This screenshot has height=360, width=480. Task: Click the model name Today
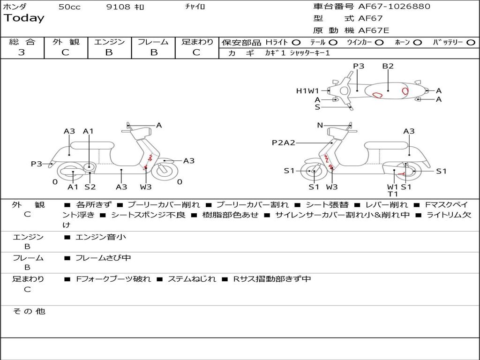pyautogui.click(x=24, y=18)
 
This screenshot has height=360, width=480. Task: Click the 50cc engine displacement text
pyautogui.click(x=69, y=7)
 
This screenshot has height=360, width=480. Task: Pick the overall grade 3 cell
pyautogui.click(x=22, y=52)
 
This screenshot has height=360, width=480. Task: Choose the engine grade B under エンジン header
pyautogui.click(x=109, y=52)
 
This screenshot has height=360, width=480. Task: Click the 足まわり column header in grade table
pyautogui.click(x=197, y=42)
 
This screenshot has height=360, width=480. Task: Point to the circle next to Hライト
pyautogui.click(x=296, y=43)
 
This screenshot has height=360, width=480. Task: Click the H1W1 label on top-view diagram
pyautogui.click(x=307, y=91)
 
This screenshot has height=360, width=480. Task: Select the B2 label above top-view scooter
pyautogui.click(x=388, y=66)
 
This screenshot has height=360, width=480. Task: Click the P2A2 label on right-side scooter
pyautogui.click(x=283, y=142)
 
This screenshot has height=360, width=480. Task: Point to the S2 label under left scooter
pyautogui.click(x=90, y=187)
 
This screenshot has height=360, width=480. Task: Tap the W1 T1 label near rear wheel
pyautogui.click(x=392, y=190)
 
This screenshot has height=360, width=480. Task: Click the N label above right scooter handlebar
pyautogui.click(x=320, y=125)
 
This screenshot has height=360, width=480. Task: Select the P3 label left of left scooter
pyautogui.click(x=37, y=164)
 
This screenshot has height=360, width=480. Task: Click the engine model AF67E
pyautogui.click(x=374, y=30)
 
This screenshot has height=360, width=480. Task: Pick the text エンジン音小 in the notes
pyautogui.click(x=101, y=237)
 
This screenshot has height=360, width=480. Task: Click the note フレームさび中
pyautogui.click(x=103, y=258)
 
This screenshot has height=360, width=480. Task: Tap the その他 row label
pyautogui.click(x=29, y=311)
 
